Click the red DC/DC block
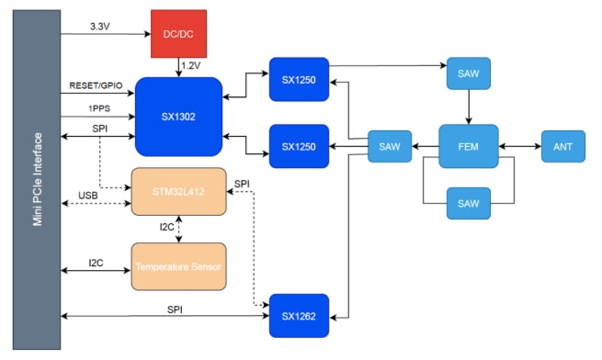coord(177,32)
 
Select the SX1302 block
coord(178,117)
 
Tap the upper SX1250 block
coord(299,80)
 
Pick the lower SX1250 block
coord(299,146)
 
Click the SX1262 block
coord(299,315)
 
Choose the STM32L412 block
coord(178,192)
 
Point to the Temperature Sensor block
coord(178,266)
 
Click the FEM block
coord(470,146)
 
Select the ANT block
coord(562,146)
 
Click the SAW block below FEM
coord(470,201)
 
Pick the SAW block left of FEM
coord(389,146)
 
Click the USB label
coord(88,196)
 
